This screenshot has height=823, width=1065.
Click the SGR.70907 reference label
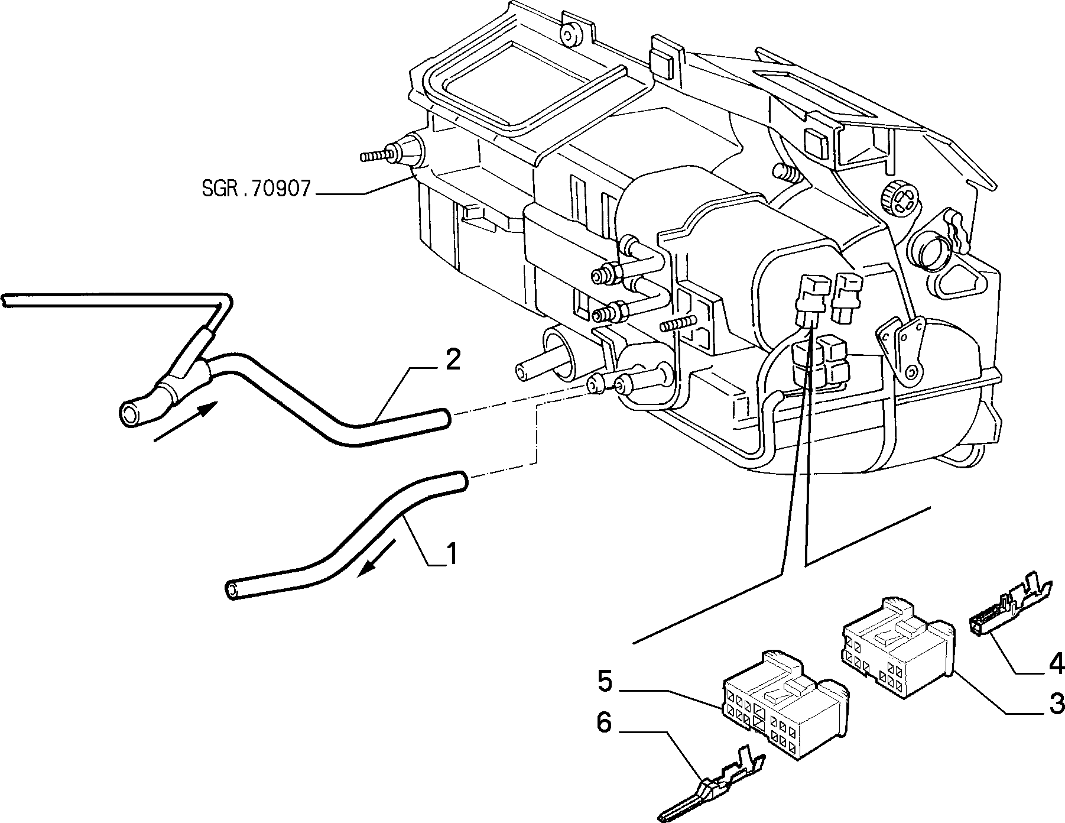255,189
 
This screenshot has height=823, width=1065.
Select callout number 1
451,554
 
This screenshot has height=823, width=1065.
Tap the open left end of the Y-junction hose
131,412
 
